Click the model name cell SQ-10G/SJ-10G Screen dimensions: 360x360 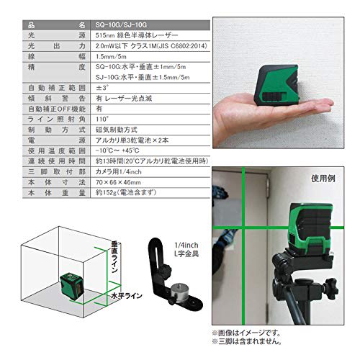click(x=109, y=24)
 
